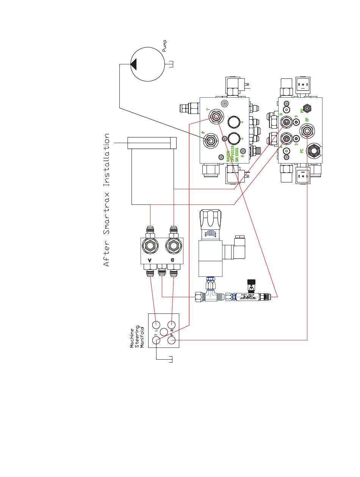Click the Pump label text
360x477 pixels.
coord(164,46)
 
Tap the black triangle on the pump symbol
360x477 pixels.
coord(133,64)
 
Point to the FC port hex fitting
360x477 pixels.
coord(313,150)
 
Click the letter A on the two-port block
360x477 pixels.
coord(150,260)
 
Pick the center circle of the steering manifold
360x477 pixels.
coord(164,332)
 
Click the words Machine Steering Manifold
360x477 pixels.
coord(137,338)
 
